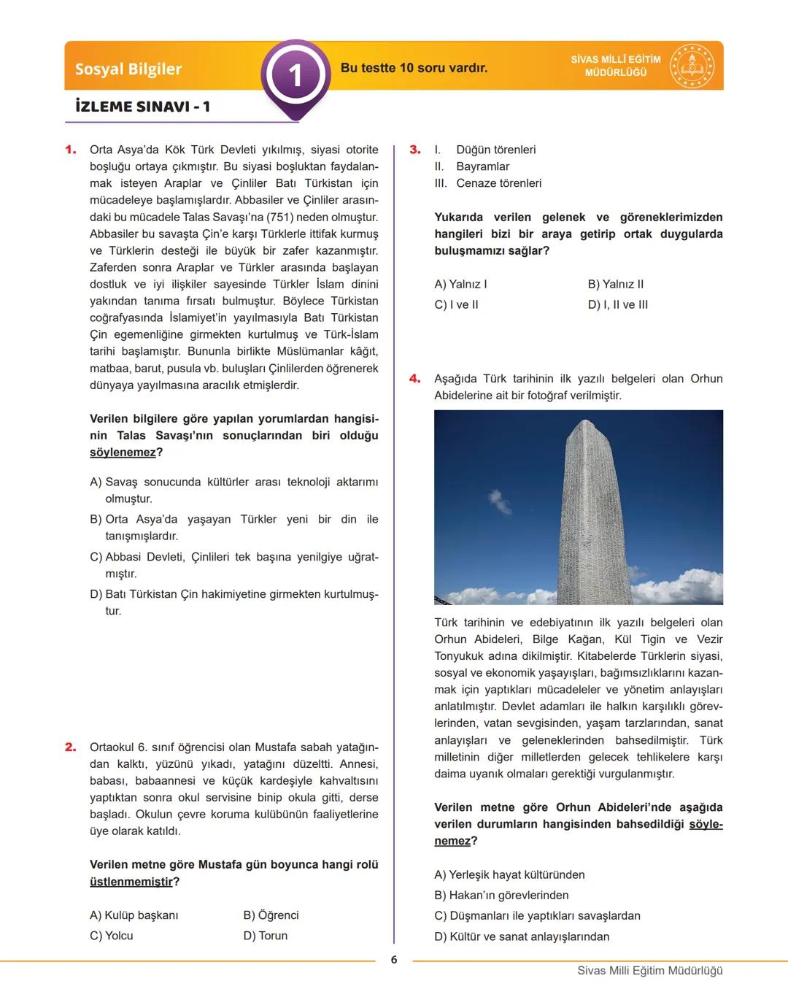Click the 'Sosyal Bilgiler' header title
click(x=128, y=69)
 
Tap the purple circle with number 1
click(x=295, y=75)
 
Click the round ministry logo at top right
click(x=692, y=66)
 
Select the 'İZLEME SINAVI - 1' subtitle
click(x=142, y=107)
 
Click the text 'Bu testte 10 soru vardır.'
click(x=414, y=68)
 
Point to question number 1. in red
click(x=71, y=150)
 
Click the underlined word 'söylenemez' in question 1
click(x=123, y=453)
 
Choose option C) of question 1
click(x=233, y=565)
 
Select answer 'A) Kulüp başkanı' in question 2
click(x=134, y=915)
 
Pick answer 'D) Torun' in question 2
click(x=266, y=936)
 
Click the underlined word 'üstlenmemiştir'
click(x=131, y=882)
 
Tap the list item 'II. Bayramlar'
click(x=472, y=166)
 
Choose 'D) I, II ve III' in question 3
click(x=617, y=304)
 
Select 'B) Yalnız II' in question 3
click(x=616, y=284)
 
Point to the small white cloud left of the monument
click(x=500, y=501)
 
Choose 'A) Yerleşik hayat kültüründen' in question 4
click(x=509, y=874)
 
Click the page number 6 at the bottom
click(x=394, y=960)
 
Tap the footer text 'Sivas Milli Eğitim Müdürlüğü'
click(x=649, y=971)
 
